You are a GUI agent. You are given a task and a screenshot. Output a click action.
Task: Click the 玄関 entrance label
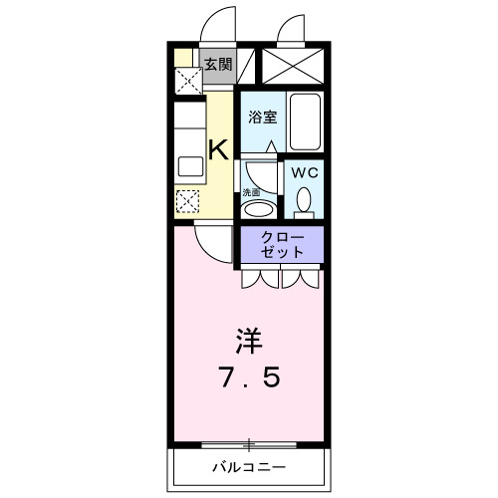coord(218,65)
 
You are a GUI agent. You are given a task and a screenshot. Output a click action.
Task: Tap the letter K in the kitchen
coord(218,150)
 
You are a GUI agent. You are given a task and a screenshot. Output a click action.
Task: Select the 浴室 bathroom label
coord(262,115)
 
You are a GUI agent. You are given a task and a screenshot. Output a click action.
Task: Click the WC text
coord(304,171)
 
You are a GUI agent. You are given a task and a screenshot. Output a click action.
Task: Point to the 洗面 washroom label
coord(252,192)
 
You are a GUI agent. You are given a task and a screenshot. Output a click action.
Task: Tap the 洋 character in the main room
coord(249,340)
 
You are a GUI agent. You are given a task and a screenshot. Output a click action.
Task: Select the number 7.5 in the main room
coord(250,378)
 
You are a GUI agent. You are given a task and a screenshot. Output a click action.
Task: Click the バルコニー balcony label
coord(249,466)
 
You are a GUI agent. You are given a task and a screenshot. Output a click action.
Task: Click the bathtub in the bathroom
coord(305,118)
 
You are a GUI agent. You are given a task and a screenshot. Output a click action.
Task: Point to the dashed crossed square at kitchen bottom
coord(187,200)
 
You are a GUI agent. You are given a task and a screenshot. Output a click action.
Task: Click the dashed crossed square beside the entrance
coord(185,80)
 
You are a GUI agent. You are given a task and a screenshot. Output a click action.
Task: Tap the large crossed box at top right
coord(291,65)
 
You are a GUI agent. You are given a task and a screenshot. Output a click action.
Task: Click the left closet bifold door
coord(260,279)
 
